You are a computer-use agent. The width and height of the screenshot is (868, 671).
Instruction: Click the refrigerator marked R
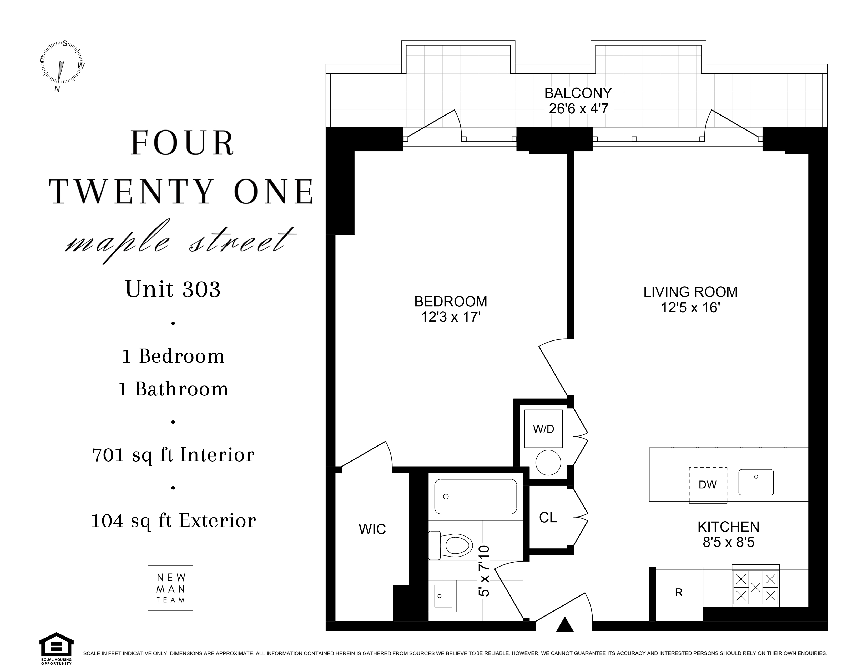click(x=679, y=593)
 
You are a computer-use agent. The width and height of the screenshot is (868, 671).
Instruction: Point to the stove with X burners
click(x=755, y=586)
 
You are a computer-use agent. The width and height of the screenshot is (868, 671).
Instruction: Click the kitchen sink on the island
click(x=756, y=482)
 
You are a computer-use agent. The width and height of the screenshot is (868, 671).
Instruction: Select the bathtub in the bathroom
click(x=476, y=497)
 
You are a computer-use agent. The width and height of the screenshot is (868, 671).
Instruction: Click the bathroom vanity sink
click(x=443, y=595)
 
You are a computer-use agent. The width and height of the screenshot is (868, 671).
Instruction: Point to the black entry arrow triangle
click(x=565, y=624)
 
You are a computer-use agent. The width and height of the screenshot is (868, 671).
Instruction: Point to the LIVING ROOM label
click(x=690, y=292)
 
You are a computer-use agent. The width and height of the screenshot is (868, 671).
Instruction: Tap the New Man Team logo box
click(x=170, y=588)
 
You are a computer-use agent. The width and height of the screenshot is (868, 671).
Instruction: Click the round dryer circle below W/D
click(x=548, y=462)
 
